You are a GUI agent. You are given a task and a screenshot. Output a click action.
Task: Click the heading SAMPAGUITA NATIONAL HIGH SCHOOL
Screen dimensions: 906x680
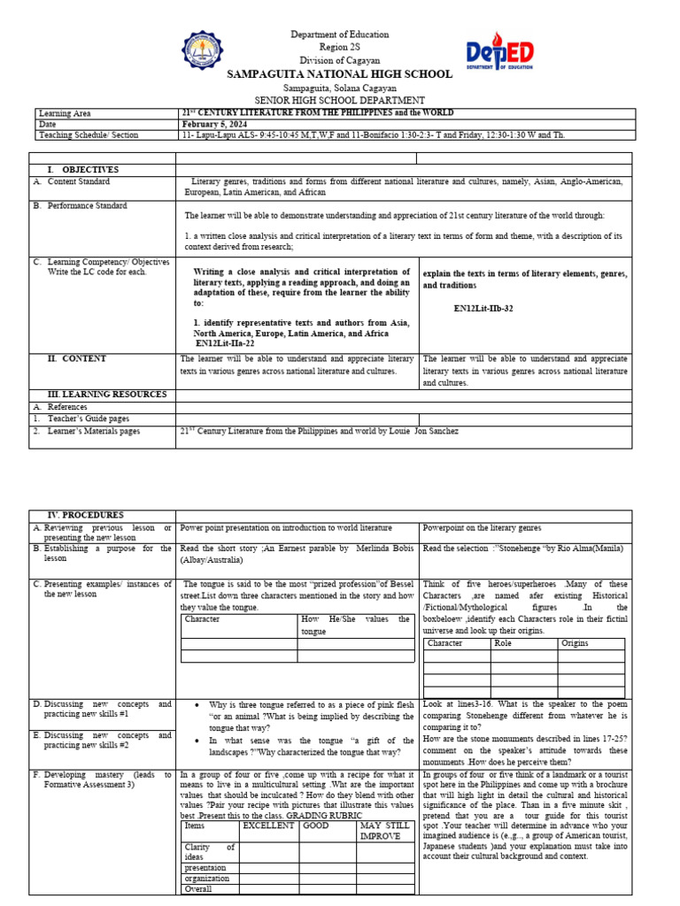tap(341, 74)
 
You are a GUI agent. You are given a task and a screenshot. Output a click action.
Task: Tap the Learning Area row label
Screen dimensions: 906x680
tap(65, 113)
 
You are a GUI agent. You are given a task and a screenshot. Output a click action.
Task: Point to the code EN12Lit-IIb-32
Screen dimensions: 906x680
tap(483, 309)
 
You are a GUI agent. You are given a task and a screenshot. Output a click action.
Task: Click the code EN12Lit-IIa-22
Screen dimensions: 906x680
tap(226, 342)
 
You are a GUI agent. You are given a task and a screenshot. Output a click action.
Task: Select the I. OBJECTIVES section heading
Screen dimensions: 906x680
tap(84, 170)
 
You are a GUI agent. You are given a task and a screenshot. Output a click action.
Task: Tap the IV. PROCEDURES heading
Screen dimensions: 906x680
tap(86, 515)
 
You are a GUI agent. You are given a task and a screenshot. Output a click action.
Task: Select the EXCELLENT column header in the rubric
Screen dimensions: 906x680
tap(267, 825)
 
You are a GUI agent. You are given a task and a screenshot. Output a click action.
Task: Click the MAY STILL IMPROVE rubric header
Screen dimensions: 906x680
tap(384, 831)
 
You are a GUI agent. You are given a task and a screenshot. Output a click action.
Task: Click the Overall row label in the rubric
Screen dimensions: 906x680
tap(198, 889)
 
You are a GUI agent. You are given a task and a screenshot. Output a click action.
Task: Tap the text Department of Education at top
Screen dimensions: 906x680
tap(340, 35)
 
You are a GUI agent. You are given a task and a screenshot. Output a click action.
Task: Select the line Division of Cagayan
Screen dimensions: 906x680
tap(340, 59)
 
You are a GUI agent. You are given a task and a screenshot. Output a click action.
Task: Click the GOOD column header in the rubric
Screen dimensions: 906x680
tap(316, 825)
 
